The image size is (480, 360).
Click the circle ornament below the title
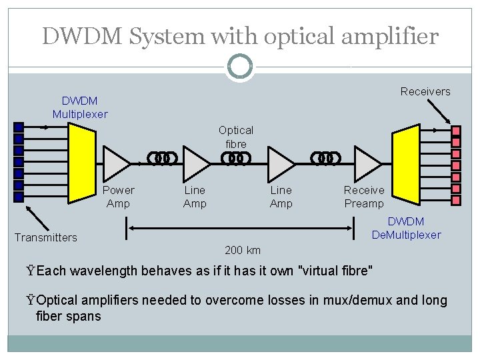coord(239,66)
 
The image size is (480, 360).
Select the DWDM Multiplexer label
coord(80,107)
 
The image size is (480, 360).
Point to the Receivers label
coord(425,91)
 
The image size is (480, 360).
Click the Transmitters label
coord(46,237)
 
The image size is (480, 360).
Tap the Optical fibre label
coord(236,137)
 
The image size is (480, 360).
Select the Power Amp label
coord(118,197)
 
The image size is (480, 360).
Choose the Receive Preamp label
coord(364,197)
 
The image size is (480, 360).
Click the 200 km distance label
coord(243,251)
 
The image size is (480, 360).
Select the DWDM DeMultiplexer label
coord(406,228)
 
